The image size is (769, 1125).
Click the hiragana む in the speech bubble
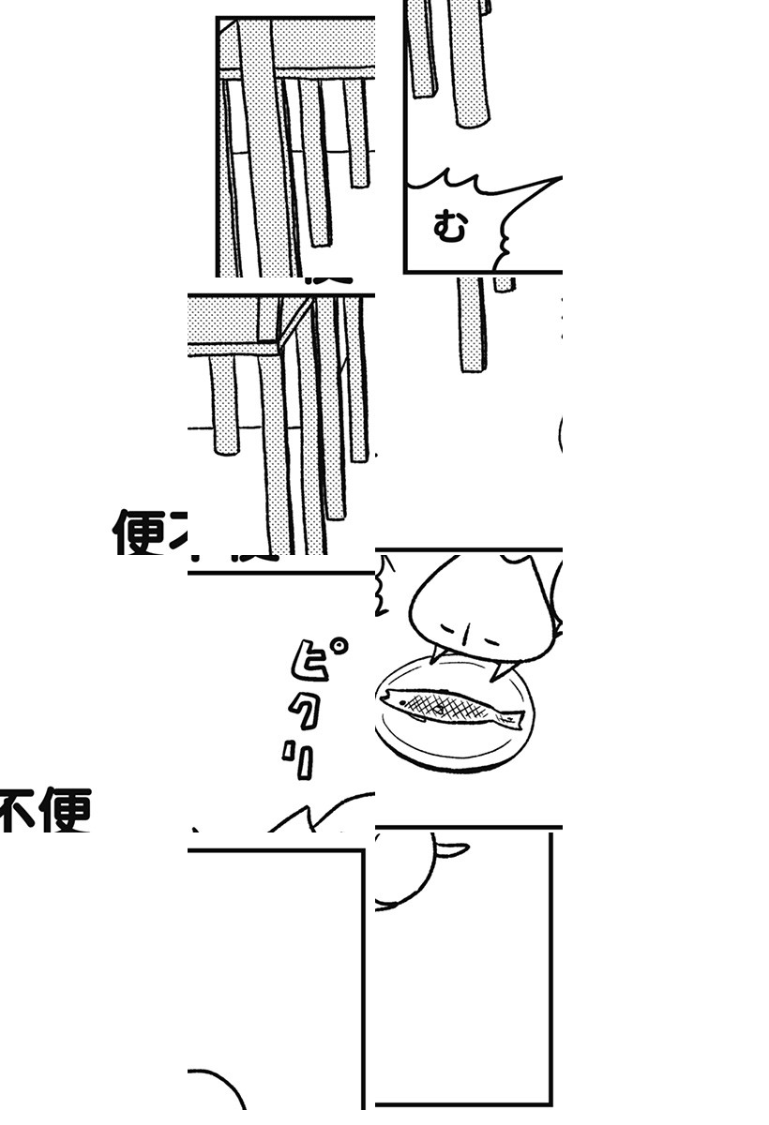(450, 228)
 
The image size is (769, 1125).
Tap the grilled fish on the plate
(450, 707)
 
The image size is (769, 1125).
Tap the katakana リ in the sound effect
(300, 761)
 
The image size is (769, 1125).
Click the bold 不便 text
(45, 811)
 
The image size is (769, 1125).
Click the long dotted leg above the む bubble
(468, 66)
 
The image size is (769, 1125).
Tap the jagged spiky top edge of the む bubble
(469, 183)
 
